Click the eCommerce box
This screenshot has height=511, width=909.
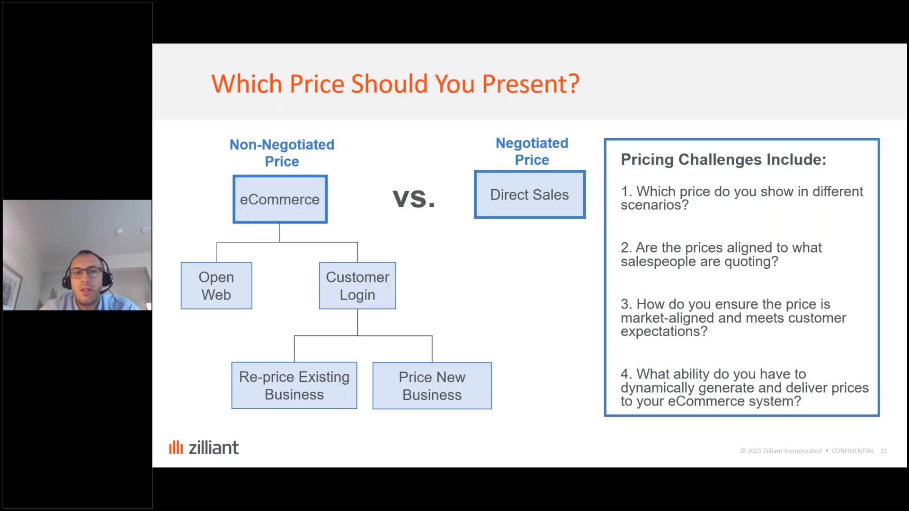[x=280, y=199]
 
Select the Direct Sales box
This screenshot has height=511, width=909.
[x=530, y=194]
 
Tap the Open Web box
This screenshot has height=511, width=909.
[x=216, y=286]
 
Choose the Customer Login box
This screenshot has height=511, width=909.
[x=357, y=286]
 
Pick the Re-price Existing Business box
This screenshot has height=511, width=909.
[x=294, y=386]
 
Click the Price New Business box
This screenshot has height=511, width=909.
[x=432, y=386]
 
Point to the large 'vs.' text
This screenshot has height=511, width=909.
[x=414, y=198]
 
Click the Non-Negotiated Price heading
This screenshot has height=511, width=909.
[x=282, y=153]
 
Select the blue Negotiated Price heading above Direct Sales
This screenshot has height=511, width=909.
[x=532, y=151]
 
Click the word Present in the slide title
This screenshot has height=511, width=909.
[x=530, y=84]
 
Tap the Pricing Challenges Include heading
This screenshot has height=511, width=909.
[x=723, y=159]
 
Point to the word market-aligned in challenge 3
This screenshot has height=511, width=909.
[x=668, y=318]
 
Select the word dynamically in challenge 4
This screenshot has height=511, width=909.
[x=658, y=388]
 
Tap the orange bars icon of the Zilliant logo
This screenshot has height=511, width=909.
[x=176, y=447]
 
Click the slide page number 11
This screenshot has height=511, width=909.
[x=884, y=451]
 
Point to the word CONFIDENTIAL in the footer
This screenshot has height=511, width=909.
[x=853, y=451]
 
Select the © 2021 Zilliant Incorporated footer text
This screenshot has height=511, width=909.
[x=781, y=451]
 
